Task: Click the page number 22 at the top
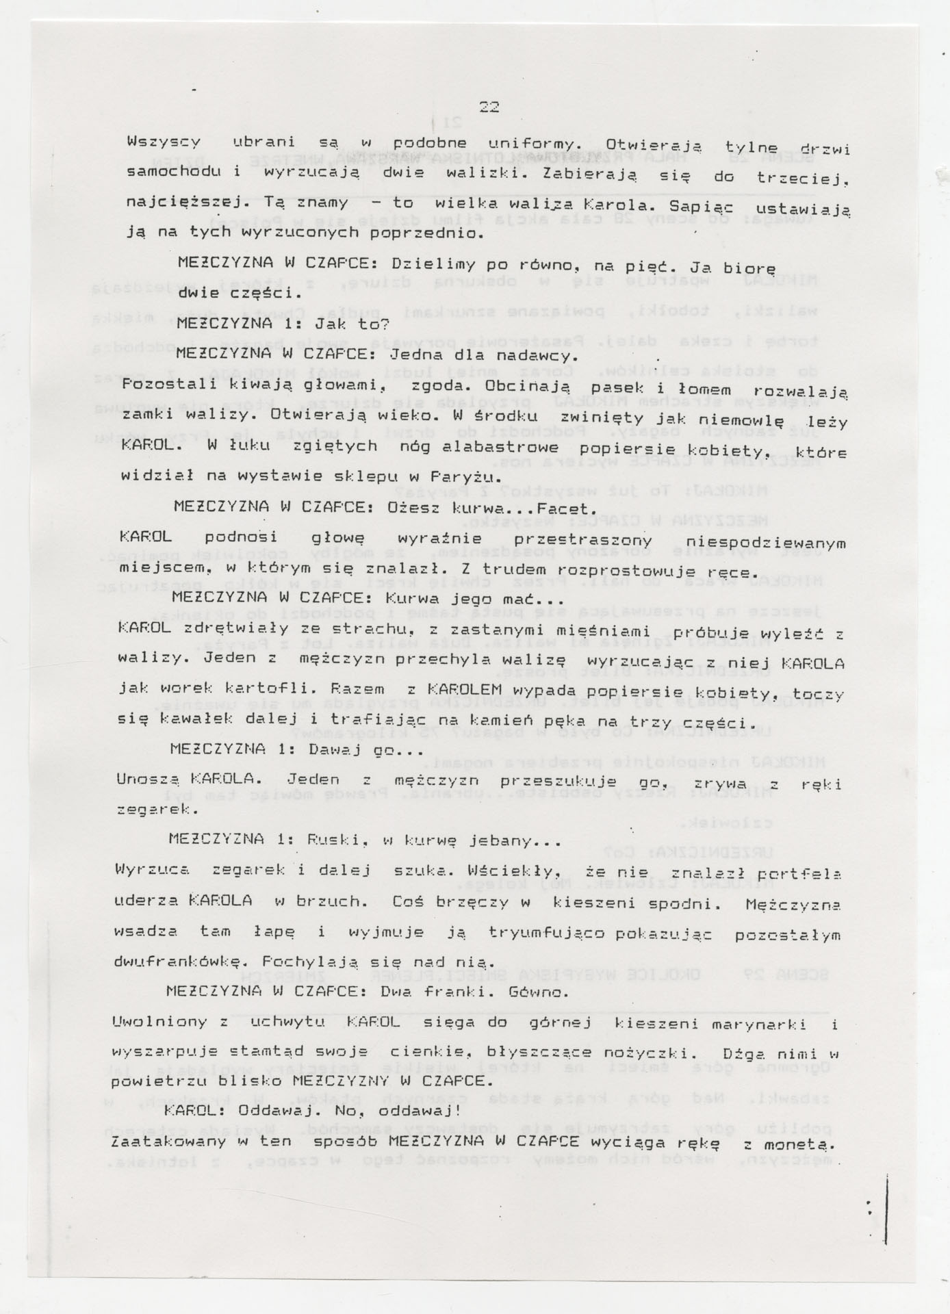point(489,107)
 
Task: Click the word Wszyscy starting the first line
point(164,142)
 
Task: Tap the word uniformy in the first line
point(525,144)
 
